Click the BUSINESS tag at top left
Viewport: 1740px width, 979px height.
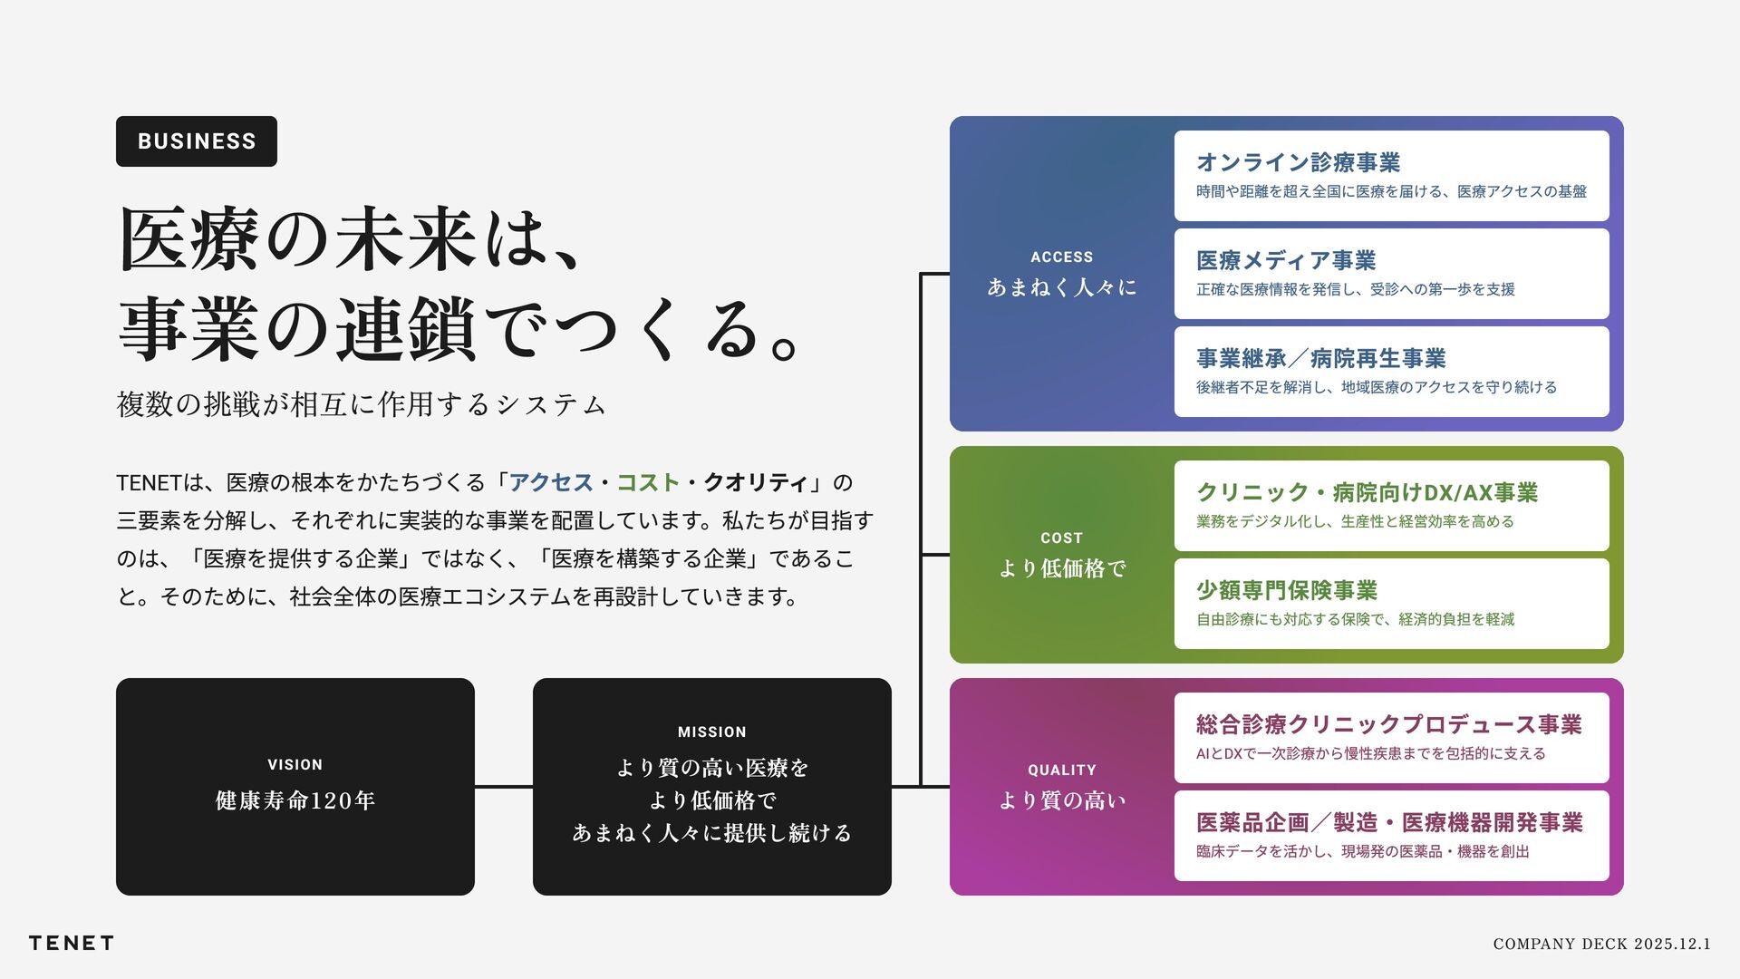click(197, 141)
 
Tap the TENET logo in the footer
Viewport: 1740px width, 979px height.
click(71, 943)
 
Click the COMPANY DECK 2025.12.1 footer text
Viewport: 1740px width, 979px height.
click(1601, 944)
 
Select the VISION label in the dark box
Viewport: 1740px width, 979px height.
click(295, 765)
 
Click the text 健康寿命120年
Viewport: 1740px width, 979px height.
click(295, 800)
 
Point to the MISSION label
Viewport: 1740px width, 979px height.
click(712, 732)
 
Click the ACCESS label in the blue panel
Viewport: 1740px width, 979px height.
click(1061, 257)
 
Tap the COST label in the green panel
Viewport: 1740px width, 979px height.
click(1061, 538)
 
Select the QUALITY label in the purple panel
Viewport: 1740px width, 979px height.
click(1061, 771)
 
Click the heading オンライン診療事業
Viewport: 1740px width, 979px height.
click(1298, 163)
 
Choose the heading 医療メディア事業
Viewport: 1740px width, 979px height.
click(1286, 261)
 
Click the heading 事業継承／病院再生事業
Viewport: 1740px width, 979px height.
click(1320, 359)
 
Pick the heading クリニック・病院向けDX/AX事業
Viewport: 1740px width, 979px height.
click(1367, 493)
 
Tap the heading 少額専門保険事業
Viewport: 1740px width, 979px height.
click(1286, 591)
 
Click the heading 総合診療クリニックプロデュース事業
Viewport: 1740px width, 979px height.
click(1388, 725)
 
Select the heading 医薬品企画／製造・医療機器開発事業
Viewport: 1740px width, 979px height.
click(1389, 823)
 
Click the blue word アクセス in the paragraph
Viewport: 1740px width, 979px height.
click(551, 483)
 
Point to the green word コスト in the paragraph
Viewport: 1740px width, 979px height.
click(648, 483)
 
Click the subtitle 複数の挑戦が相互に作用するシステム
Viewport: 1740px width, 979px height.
click(361, 404)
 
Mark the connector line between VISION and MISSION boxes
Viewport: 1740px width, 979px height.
click(504, 787)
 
